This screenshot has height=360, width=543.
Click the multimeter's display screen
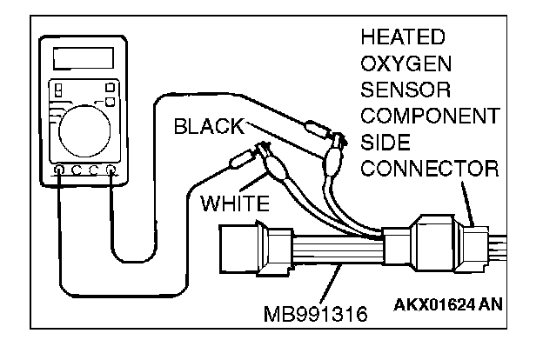tap(82, 59)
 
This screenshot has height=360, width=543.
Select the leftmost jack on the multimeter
tap(58, 171)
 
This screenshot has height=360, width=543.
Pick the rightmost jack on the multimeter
tap(111, 171)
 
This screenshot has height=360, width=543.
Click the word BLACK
tap(209, 125)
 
